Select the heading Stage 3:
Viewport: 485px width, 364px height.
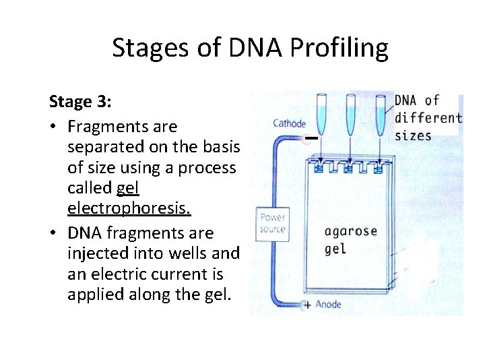pos(80,102)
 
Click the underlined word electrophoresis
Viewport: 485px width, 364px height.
pos(129,209)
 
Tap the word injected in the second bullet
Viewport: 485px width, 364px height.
pos(97,253)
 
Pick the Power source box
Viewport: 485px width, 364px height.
pos(273,223)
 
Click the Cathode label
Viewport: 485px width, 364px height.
pos(289,123)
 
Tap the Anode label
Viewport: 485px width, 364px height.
pos(328,305)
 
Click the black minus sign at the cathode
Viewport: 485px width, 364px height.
pos(310,139)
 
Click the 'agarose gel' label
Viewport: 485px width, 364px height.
pos(350,240)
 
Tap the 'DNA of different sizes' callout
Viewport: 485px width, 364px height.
pos(426,117)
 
